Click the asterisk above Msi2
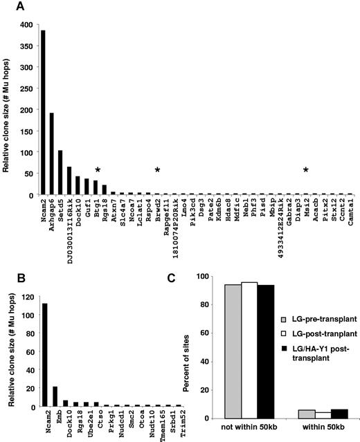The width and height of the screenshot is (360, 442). [305, 170]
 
